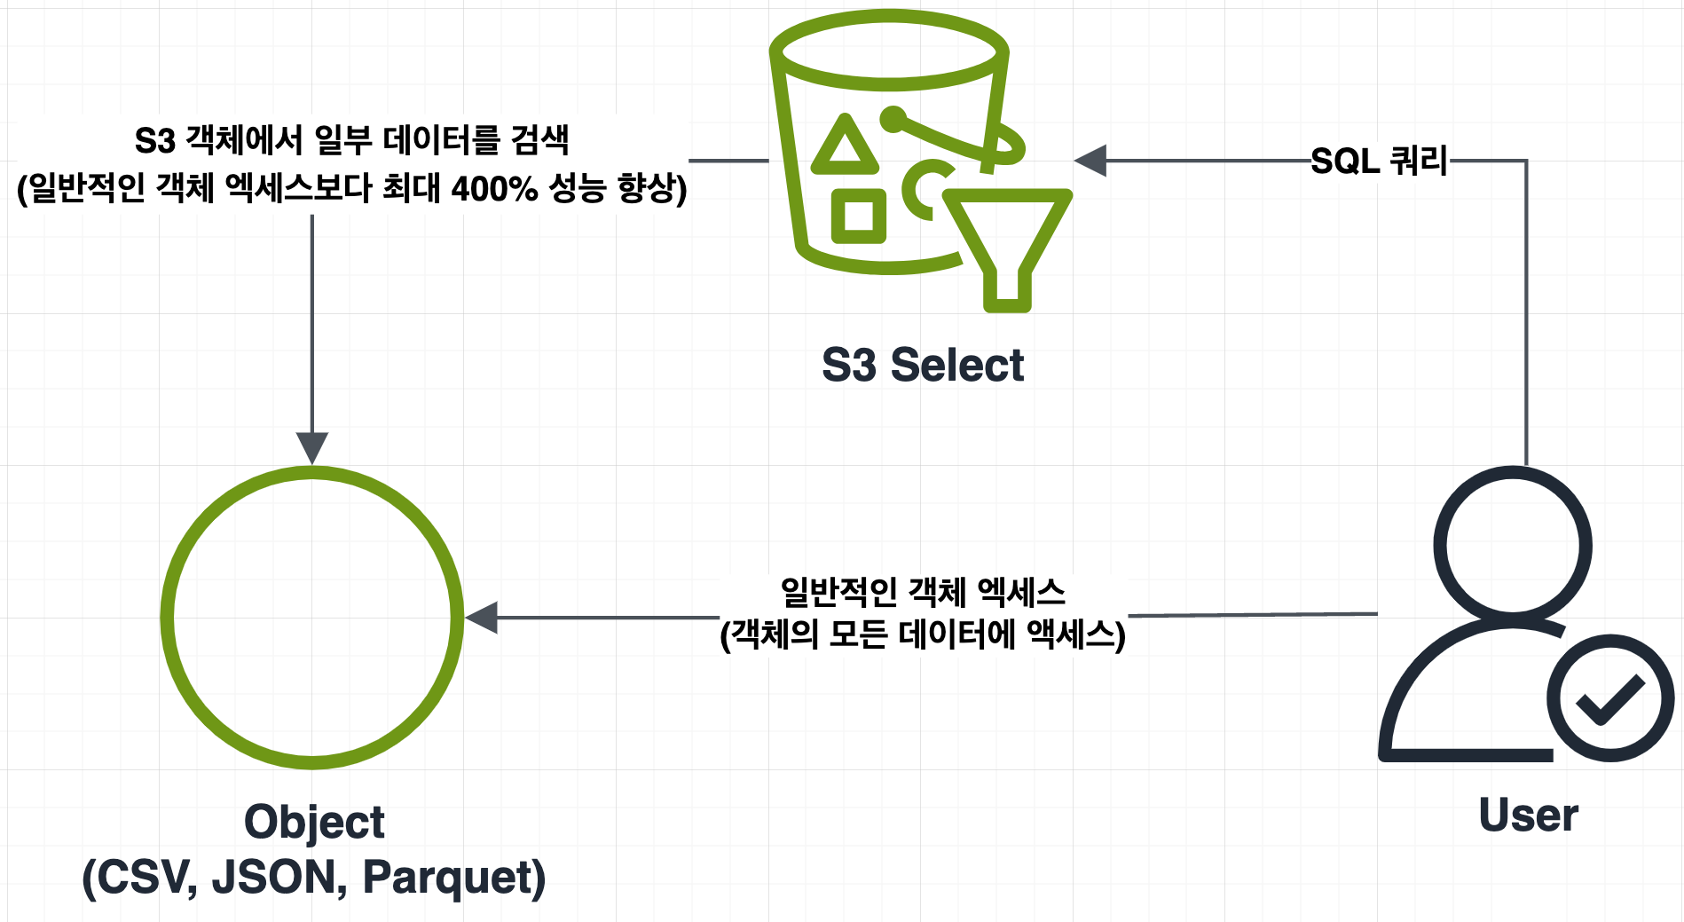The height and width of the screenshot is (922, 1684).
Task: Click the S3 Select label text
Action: [922, 366]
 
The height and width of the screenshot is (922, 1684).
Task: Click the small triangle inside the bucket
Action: [846, 146]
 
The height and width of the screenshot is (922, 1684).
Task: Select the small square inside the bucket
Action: [858, 216]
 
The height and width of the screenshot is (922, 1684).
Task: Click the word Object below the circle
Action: [314, 822]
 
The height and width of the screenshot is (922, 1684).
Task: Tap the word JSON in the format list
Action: [279, 877]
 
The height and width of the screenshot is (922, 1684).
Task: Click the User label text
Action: [1528, 815]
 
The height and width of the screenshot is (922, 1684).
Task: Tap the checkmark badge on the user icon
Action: [1609, 697]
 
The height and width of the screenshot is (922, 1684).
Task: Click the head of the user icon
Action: [1512, 545]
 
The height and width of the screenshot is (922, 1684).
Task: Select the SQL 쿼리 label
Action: [1379, 162]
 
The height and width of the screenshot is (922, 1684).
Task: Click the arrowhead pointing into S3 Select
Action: [1090, 161]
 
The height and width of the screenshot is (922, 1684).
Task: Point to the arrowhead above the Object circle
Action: [312, 447]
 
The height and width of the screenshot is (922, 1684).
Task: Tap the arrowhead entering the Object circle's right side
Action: [482, 617]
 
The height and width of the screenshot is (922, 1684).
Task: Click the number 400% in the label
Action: [494, 188]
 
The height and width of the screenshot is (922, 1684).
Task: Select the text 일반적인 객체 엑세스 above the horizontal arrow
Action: [923, 592]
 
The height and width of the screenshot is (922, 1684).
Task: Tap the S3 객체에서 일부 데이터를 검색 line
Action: [351, 140]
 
